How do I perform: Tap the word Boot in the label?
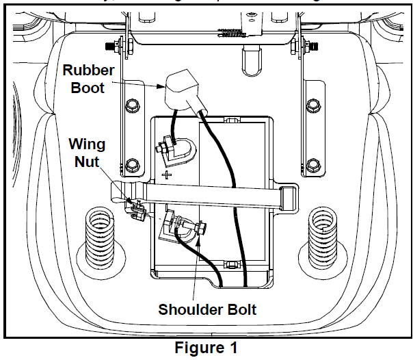coord(83,88)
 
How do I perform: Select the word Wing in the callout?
coord(88,145)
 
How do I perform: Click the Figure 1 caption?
coord(206,348)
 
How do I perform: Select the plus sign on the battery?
coord(166,176)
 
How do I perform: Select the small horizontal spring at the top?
coord(230,31)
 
